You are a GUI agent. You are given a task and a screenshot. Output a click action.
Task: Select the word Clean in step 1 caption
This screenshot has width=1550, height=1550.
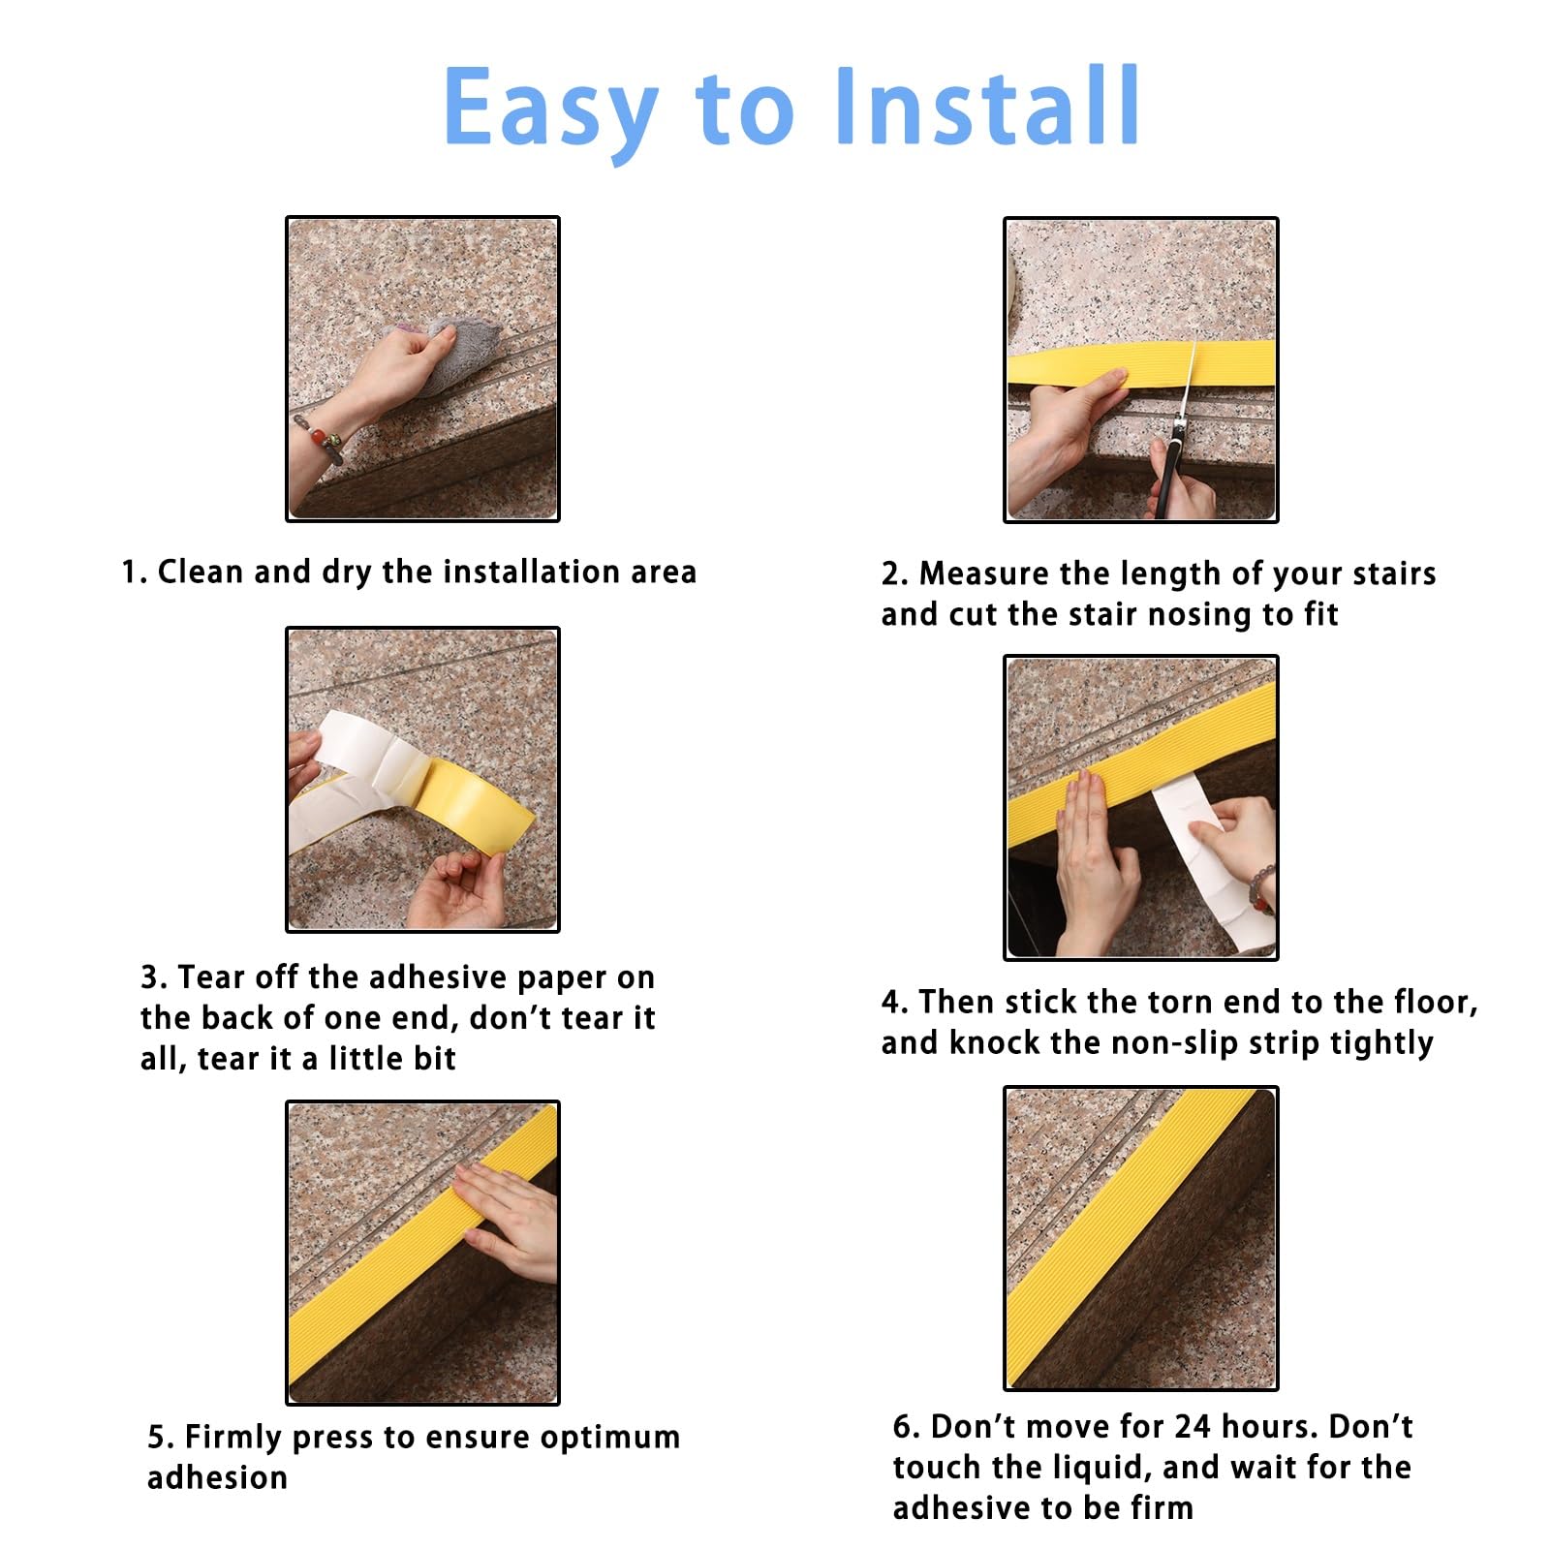[201, 572]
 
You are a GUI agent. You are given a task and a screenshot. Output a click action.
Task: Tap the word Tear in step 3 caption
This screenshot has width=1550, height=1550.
[211, 976]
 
